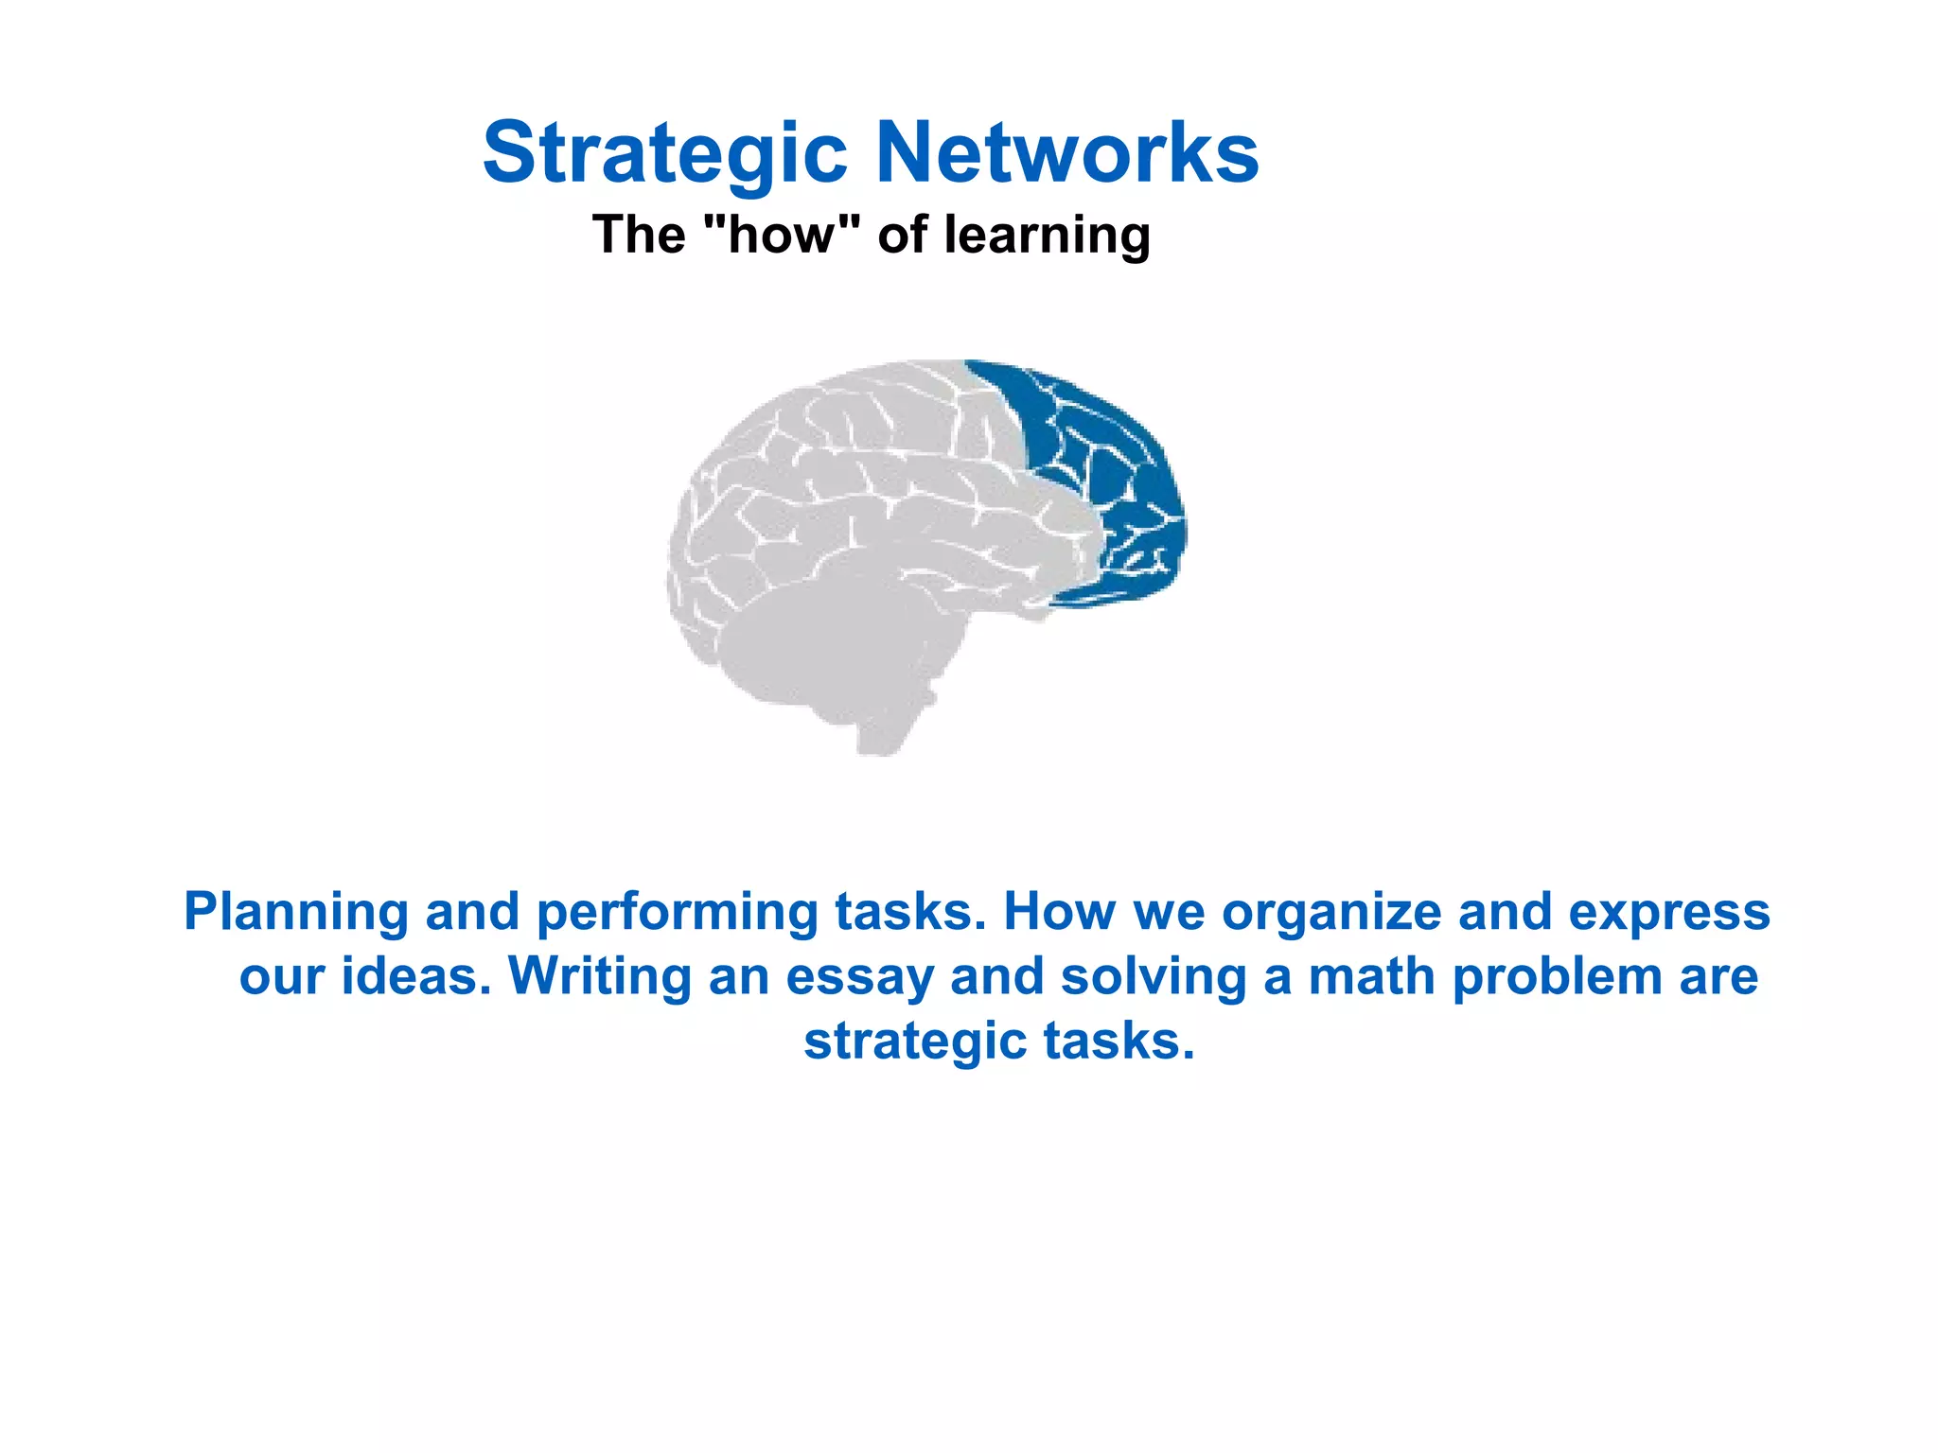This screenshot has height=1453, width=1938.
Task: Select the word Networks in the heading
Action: click(1066, 152)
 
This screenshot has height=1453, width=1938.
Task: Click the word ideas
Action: click(416, 976)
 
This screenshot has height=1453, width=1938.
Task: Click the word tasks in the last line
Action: click(1119, 1041)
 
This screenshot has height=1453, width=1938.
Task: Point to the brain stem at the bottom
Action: click(885, 728)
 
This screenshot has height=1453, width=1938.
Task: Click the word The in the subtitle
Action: click(639, 235)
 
